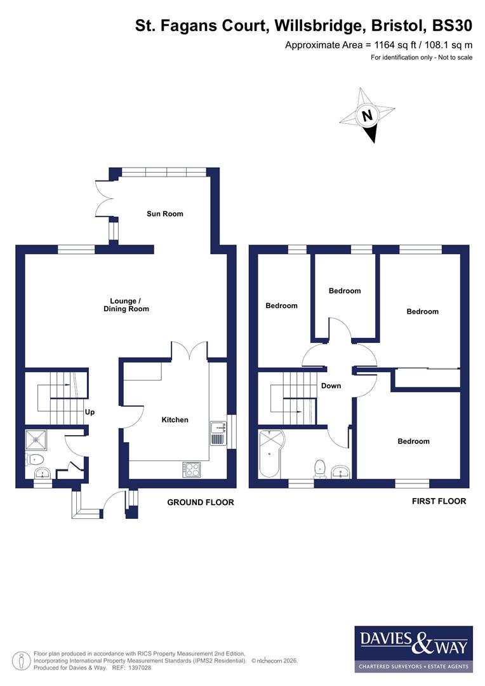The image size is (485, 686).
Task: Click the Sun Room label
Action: pyautogui.click(x=164, y=214)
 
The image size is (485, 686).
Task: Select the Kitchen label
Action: pyautogui.click(x=175, y=420)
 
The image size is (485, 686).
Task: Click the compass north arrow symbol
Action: pyautogui.click(x=367, y=116)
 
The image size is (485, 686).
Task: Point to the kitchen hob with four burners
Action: pyautogui.click(x=192, y=470)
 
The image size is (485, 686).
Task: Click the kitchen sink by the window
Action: pyautogui.click(x=216, y=432)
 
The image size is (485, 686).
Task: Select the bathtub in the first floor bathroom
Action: pyautogui.click(x=271, y=454)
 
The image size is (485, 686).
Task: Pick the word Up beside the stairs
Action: pyautogui.click(x=90, y=412)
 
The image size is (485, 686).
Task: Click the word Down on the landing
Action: pyautogui.click(x=331, y=386)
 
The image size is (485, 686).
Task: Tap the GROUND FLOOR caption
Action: pyautogui.click(x=200, y=502)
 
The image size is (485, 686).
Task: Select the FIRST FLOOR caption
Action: pyautogui.click(x=439, y=501)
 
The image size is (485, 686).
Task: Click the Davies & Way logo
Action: pyautogui.click(x=413, y=649)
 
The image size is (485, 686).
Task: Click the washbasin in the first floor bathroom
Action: pyautogui.click(x=340, y=471)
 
